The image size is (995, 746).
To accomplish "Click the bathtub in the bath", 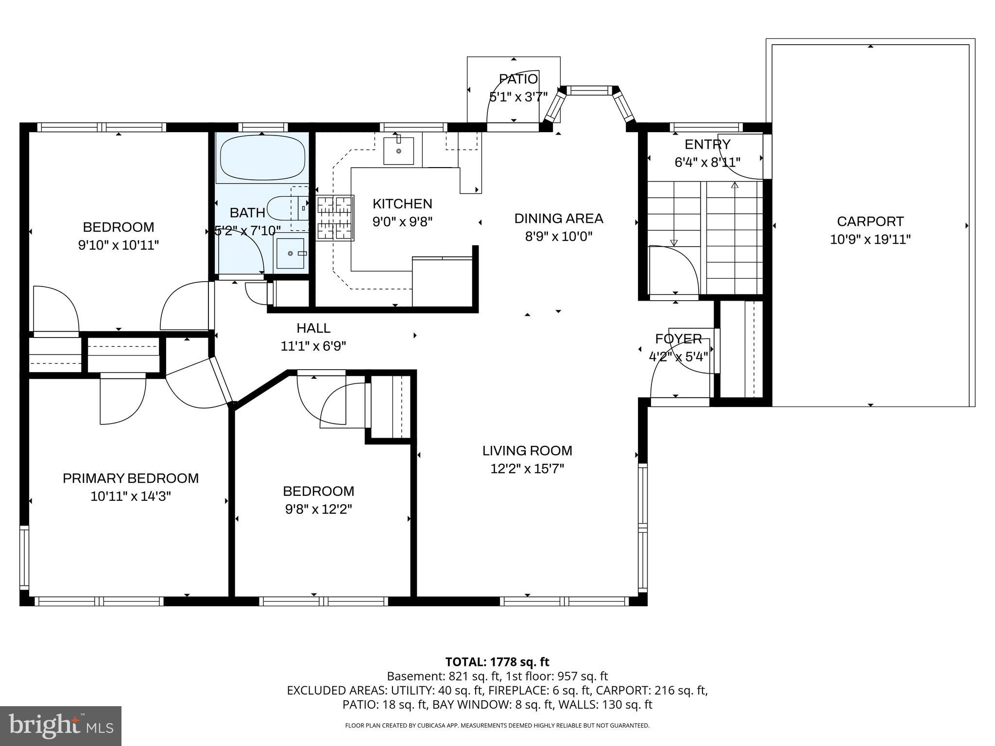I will (262, 158).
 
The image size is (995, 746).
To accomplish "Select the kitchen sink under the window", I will (398, 151).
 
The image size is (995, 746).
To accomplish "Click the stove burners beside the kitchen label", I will (335, 218).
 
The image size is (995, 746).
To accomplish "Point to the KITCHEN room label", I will (402, 203).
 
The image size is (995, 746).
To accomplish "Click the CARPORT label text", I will (870, 221).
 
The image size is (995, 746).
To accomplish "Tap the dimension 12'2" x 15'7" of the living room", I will (527, 469).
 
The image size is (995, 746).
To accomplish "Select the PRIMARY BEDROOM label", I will (131, 478).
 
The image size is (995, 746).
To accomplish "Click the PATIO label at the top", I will (518, 79).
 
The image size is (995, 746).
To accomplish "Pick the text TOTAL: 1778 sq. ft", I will (497, 662).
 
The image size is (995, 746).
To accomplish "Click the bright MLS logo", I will (61, 726).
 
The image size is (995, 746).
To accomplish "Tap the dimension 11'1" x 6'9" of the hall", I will (313, 346).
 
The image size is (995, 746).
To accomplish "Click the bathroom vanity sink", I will (291, 253).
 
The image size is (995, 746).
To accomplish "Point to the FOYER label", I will (678, 339).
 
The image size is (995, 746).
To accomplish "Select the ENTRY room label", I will (707, 144).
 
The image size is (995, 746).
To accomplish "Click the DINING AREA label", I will (559, 219).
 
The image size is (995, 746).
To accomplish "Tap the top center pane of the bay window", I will (590, 90).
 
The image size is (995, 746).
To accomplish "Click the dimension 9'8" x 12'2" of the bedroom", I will (319, 509).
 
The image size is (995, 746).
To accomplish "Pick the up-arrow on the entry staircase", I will (735, 185).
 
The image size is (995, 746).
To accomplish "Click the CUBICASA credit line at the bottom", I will (497, 726).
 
